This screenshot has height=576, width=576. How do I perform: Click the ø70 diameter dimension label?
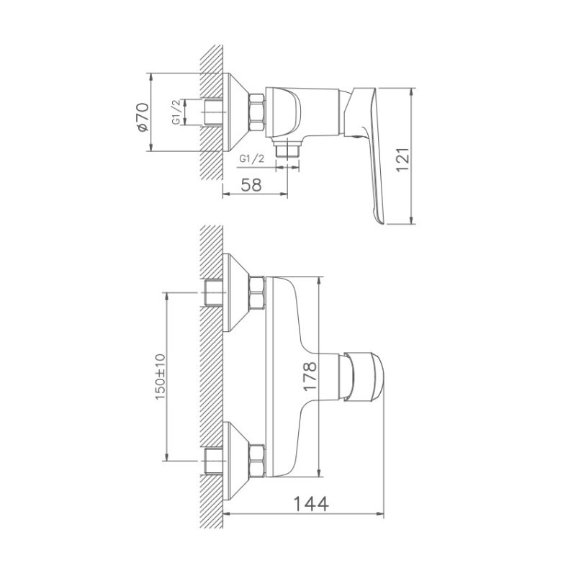(143, 117)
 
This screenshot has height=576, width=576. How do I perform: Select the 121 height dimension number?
(402, 159)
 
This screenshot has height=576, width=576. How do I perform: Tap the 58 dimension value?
(251, 185)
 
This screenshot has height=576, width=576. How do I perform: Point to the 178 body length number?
(310, 377)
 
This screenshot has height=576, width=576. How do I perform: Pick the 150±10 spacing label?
(160, 377)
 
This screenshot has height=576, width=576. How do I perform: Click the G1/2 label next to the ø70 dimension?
(176, 112)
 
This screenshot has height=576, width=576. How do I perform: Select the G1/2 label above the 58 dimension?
(251, 158)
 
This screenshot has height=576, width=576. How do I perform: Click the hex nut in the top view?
(257, 112)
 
